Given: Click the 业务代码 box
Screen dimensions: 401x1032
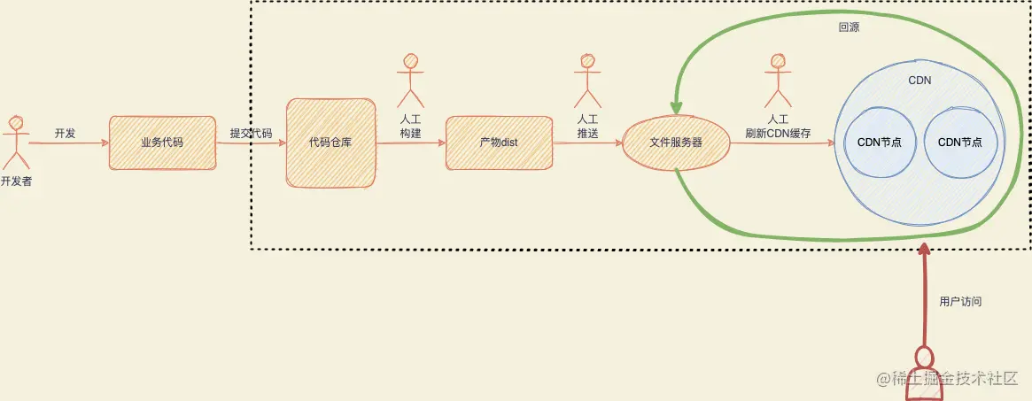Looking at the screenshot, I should click(162, 143).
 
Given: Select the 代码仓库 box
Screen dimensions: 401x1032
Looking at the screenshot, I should click(330, 143).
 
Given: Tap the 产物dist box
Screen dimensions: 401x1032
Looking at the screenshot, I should click(499, 143).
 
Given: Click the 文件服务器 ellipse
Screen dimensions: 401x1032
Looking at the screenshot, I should click(676, 143).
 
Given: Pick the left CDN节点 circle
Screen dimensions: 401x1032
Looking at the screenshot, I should click(880, 143).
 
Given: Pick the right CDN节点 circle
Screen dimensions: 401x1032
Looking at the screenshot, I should click(960, 143).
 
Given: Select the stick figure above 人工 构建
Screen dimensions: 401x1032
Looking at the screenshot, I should click(409, 80).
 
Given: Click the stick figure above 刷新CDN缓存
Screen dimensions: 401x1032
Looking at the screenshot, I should click(778, 80).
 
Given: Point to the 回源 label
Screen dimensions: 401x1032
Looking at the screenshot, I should click(849, 27).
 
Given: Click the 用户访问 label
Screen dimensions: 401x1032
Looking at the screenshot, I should click(960, 302).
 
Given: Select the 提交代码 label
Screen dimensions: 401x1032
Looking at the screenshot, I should click(251, 134).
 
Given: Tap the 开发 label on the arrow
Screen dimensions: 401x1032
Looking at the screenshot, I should click(65, 134).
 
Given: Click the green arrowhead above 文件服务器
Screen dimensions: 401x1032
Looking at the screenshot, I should click(676, 106).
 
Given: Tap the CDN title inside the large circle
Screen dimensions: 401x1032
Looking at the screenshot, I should click(919, 80).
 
